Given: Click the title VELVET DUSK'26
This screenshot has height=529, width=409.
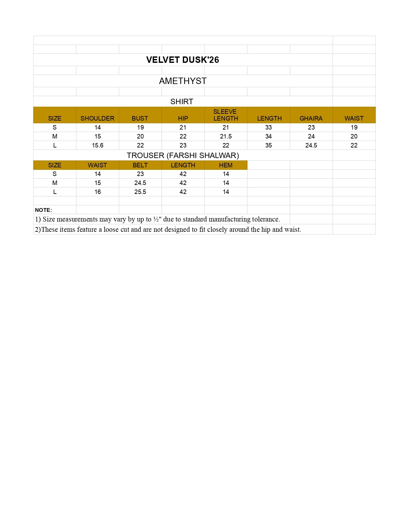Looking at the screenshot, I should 183,60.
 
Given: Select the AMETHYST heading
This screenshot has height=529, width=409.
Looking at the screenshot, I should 183,81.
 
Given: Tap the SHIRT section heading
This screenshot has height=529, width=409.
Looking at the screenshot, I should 182,102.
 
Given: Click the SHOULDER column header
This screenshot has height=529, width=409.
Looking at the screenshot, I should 97,118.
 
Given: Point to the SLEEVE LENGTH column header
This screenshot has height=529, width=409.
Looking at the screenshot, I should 226,115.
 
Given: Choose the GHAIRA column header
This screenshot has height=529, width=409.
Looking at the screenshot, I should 311,118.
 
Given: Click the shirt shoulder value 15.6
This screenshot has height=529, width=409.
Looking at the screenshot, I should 98,145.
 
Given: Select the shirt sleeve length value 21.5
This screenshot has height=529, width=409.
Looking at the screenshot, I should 226,136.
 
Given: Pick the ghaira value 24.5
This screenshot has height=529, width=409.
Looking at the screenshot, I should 311,145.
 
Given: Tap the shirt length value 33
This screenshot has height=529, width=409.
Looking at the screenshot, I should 268,127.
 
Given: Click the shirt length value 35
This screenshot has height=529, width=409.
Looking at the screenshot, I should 268,145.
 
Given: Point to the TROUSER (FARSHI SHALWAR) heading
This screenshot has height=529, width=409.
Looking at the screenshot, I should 183,155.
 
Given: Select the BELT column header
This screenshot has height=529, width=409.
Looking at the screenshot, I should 140,165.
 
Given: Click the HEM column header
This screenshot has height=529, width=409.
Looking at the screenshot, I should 226,165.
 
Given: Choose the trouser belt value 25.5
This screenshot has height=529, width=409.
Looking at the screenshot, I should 140,192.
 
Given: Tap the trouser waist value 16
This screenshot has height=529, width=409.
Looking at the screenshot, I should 98,192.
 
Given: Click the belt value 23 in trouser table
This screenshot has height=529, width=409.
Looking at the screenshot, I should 140,174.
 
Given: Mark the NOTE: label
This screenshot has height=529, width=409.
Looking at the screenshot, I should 43,210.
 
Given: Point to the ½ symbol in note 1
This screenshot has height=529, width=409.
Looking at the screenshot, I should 156,219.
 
